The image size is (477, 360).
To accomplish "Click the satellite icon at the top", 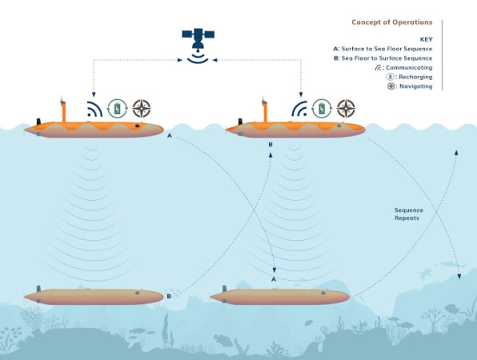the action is pos(198,46).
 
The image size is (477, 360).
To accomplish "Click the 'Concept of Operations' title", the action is pos(392,22).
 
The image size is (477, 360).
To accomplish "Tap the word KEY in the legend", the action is pos(427,39).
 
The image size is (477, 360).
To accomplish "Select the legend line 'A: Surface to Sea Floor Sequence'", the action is pos(383,49).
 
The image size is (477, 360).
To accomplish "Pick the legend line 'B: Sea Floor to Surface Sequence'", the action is pos(383,58).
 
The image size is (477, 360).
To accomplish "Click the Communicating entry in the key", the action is pos(403,67).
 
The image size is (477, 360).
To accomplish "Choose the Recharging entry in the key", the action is pos(410,77).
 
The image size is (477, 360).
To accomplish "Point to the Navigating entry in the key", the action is pos(410,86).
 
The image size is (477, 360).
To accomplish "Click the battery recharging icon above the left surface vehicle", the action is pos(117,109).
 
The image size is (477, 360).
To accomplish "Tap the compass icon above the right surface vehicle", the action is pos(347,108).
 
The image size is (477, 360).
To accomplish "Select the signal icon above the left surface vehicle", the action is pos(94,109).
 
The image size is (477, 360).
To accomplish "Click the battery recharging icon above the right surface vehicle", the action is pos(322,109).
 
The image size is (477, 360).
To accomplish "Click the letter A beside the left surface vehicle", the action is pos(170,136).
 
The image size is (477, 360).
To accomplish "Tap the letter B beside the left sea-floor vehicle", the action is pos(169,297).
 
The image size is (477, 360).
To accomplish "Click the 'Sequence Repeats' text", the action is pos(408,214).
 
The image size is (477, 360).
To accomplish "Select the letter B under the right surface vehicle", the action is pos(271,145).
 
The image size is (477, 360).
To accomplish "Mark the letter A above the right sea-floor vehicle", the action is pos(274,279).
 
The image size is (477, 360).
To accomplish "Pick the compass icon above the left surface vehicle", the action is pos(142,109).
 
